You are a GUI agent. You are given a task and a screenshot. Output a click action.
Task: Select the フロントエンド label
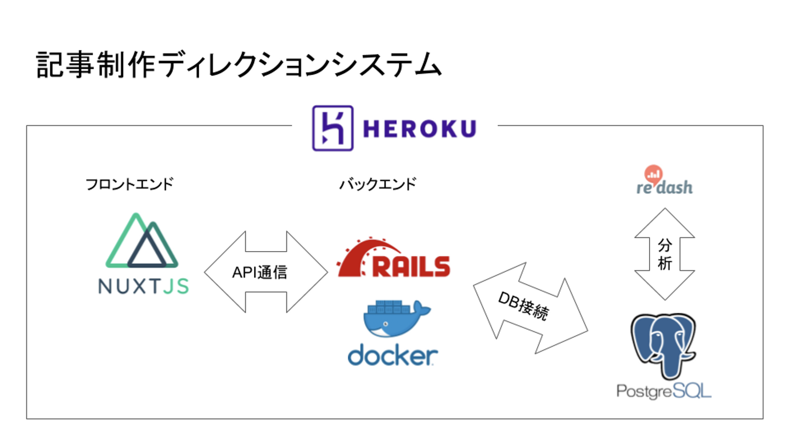tap(129, 184)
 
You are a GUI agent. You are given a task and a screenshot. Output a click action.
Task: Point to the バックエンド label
tap(377, 184)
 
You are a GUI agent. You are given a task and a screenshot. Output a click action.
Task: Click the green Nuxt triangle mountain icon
tap(142, 242)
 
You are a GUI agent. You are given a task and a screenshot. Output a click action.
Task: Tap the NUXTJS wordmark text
tap(143, 286)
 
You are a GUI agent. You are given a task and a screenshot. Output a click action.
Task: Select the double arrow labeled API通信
tap(219, 272)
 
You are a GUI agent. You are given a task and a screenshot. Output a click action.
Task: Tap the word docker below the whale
tap(393, 355)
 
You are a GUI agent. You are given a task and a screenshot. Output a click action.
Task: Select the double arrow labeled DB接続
tap(565, 324)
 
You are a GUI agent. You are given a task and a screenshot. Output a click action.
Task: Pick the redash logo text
tap(664, 187)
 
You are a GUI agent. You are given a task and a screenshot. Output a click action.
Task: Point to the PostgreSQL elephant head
tap(664, 343)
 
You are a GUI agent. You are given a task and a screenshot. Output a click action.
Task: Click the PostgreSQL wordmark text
tap(664, 391)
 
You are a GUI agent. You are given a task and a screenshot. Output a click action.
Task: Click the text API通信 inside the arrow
tap(259, 272)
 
